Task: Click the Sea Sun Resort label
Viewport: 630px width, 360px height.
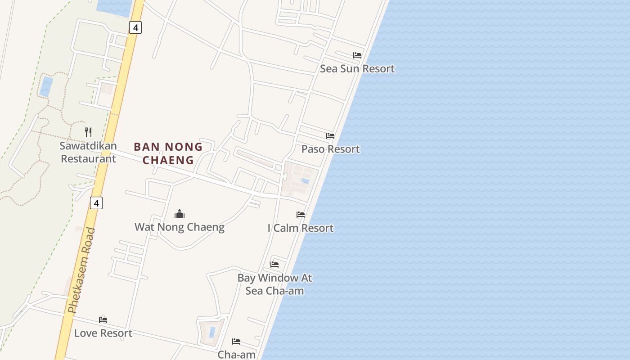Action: coord(357,69)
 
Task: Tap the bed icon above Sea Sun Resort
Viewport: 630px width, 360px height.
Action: coord(357,55)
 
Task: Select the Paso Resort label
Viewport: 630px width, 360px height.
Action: coord(330,149)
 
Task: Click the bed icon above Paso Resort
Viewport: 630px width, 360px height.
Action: coord(330,136)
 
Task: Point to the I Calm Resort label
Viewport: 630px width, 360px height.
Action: coord(301,228)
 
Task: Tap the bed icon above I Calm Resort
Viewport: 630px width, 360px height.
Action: coord(301,215)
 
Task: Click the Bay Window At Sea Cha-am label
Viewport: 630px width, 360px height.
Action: coord(274,284)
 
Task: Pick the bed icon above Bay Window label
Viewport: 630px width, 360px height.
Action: coord(274,264)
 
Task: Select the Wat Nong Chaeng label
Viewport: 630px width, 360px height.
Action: coord(180,227)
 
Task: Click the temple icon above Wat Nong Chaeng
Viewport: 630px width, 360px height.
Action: coord(180,214)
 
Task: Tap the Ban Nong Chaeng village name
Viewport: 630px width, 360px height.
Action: coord(168,153)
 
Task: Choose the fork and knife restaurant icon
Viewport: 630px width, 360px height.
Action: coord(88,132)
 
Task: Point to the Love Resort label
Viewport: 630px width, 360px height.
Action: coord(103,333)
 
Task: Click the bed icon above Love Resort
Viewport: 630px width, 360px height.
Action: coord(103,320)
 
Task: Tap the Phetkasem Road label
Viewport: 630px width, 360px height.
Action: coord(81,270)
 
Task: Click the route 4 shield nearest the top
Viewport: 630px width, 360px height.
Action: coord(135,27)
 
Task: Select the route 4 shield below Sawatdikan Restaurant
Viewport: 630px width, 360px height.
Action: coord(96,203)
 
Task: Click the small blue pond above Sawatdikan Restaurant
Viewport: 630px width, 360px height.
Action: coord(46,86)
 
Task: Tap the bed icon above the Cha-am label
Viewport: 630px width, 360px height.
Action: coord(236,342)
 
